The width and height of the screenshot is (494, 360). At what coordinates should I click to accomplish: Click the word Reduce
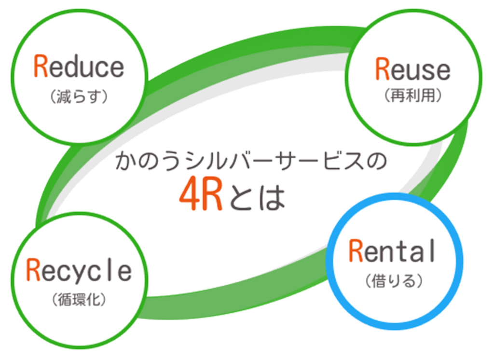[x=79, y=67]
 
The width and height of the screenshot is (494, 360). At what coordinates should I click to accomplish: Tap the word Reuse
[x=413, y=69]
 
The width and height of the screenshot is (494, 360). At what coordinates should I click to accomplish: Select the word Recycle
[x=79, y=270]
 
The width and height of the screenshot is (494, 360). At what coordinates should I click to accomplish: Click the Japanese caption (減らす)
[x=79, y=96]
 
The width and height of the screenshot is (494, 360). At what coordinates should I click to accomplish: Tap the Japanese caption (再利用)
[x=413, y=95]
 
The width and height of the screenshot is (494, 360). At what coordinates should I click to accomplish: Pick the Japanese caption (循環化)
[x=79, y=299]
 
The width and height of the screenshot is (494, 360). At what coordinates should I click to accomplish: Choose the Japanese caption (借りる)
[x=394, y=280]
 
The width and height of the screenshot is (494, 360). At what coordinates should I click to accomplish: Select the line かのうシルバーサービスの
[x=251, y=161]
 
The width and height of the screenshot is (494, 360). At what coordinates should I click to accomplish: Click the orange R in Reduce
[x=41, y=66]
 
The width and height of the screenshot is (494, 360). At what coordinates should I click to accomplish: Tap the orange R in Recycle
[x=33, y=270]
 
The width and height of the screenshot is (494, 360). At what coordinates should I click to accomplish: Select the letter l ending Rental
[x=433, y=250]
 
